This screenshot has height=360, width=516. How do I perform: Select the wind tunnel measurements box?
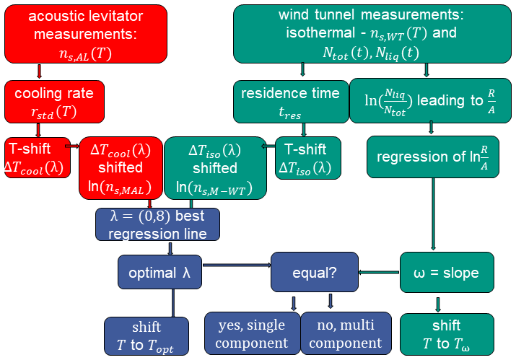click(372, 34)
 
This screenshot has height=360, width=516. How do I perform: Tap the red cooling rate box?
click(55, 101)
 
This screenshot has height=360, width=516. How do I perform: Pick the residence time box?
click(290, 101)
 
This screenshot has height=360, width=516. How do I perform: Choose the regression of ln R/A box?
click(432, 157)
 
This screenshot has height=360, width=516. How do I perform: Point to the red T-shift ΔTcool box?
click(38, 158)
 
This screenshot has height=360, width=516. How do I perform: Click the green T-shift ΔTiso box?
click(302, 158)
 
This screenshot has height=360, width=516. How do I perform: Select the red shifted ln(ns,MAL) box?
click(120, 167)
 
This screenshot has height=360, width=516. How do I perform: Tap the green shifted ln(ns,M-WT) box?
click(215, 167)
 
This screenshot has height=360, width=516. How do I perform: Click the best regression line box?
click(157, 224)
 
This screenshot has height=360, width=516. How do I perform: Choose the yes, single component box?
click(251, 334)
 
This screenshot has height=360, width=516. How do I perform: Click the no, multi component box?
click(346, 334)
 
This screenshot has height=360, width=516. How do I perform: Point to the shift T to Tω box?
click(446, 334)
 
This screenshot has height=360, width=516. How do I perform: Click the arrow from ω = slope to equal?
click(379, 272)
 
